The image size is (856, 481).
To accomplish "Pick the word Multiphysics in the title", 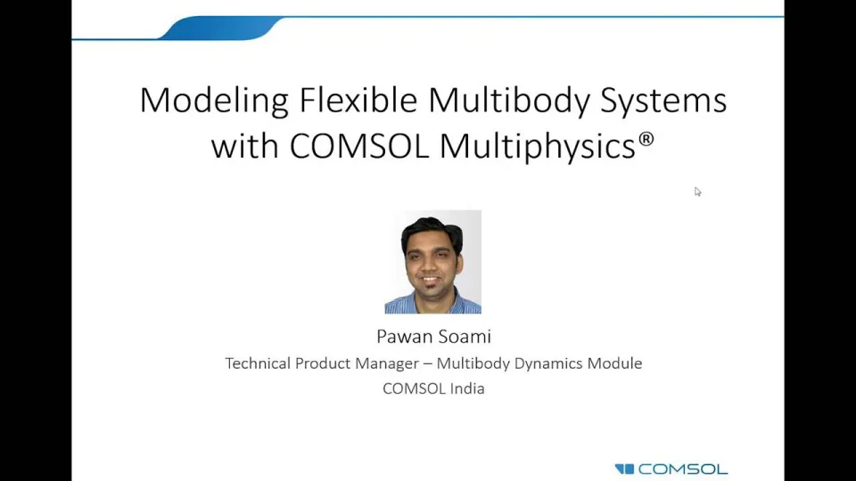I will click(538, 146).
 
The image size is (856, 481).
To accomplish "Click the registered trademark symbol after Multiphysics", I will click(647, 139).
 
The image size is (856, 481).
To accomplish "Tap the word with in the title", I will click(244, 146).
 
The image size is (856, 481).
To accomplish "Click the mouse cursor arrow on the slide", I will click(697, 192).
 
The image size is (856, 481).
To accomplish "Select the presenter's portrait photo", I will click(432, 262).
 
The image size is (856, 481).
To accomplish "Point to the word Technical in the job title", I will click(258, 363).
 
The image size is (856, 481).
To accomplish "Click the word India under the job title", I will click(466, 388).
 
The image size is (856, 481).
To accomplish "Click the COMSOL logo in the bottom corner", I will click(671, 469).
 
